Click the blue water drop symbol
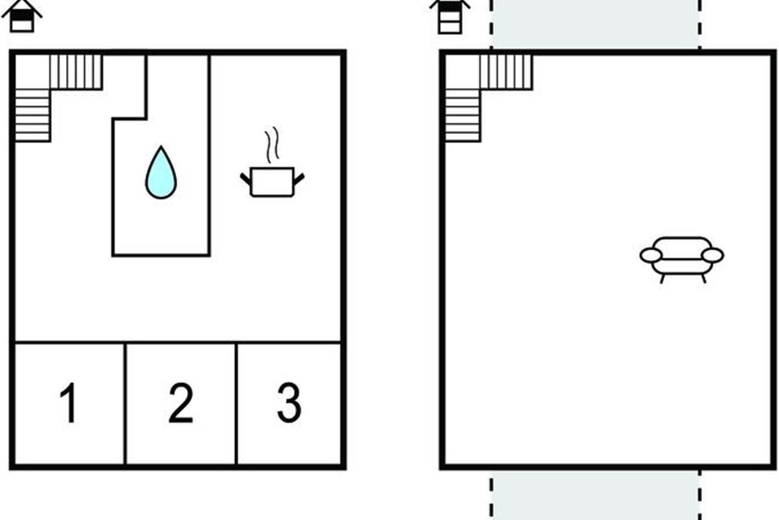[161, 172]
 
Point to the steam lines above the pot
[272, 144]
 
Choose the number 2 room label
[181, 402]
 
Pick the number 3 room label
[289, 402]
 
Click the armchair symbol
[682, 260]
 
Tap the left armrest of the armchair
[650, 255]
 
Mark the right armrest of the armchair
[713, 255]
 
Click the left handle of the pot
[245, 179]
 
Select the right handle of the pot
[299, 179]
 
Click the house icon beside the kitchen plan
[22, 16]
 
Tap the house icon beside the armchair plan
[450, 17]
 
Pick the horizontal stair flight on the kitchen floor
[76, 71]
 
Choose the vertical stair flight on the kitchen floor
[32, 116]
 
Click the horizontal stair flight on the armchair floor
[506, 71]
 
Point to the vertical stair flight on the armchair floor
[463, 116]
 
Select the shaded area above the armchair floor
[595, 25]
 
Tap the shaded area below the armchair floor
[595, 495]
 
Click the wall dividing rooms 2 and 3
[236, 404]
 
